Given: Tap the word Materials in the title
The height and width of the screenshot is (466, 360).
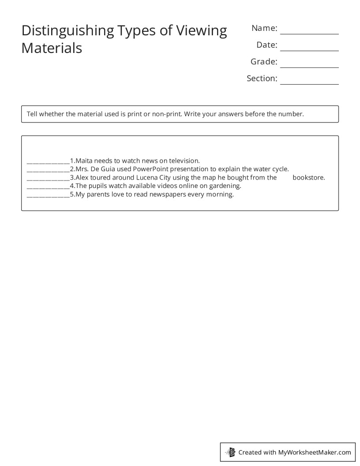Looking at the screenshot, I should [52, 48].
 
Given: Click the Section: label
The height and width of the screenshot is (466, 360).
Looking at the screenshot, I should [262, 79].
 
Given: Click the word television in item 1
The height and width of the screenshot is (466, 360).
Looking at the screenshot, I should [184, 161].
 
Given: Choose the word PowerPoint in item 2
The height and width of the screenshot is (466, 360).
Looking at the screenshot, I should [150, 169].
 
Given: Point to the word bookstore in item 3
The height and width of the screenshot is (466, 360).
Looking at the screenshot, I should [308, 177].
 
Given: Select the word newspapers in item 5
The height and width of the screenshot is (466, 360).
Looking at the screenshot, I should [165, 194].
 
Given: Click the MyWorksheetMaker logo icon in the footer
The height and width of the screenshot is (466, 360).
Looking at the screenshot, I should [231, 452].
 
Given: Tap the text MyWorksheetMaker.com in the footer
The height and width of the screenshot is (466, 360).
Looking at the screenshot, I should [314, 452].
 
